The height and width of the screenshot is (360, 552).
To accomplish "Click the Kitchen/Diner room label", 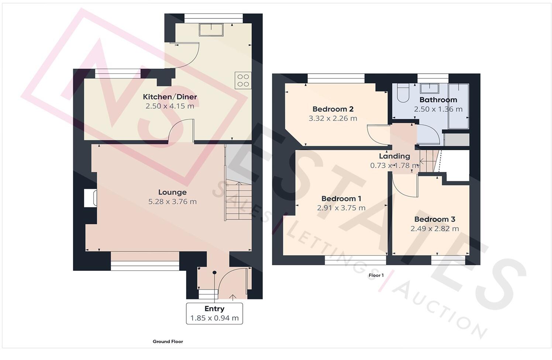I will coord(170,97).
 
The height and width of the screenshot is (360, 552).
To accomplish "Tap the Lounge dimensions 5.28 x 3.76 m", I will coord(172,202).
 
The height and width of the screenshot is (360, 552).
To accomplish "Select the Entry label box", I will coord(214,313).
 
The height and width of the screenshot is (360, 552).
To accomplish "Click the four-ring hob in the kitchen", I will coord(243,80).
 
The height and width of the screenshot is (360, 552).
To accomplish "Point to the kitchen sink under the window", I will coord(211,30).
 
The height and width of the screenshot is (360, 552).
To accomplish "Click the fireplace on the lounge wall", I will coord(90,198).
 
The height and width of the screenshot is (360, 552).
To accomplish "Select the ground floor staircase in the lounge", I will coord(238,201).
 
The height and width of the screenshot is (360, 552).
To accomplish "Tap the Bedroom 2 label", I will coord(332,109).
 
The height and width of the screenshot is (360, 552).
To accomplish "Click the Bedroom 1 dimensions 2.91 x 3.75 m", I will coord(341,208).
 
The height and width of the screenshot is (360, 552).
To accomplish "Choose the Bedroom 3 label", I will coord(434,219).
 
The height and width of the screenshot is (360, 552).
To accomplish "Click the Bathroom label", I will coord(438,100).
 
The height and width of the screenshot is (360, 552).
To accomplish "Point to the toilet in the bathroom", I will coord(401,93).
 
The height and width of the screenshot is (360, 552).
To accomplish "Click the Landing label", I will coord(394,156).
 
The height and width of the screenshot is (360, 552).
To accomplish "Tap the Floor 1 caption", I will coord(376,276).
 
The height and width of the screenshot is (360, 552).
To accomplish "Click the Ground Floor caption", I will coord(168,342).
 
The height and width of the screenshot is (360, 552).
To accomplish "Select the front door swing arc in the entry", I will coord(230,281).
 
